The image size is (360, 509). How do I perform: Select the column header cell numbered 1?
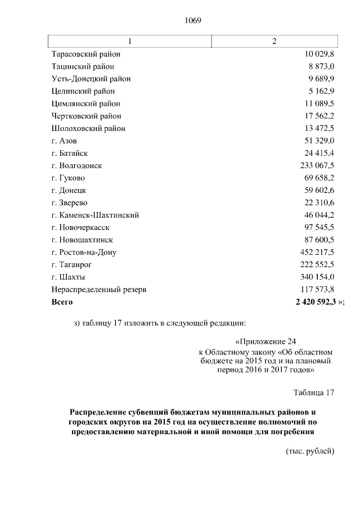click(x=130, y=42)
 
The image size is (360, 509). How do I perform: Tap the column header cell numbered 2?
click(x=274, y=42)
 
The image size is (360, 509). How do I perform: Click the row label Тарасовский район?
click(x=85, y=55)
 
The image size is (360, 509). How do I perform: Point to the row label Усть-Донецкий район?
click(x=91, y=79)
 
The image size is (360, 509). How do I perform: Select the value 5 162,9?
click(x=320, y=92)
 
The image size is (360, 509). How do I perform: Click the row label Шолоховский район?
click(x=88, y=129)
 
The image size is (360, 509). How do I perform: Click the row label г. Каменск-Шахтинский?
click(x=95, y=215)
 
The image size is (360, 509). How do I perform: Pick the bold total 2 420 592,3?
click(x=312, y=302)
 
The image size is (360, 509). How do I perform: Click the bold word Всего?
click(x=62, y=302)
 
